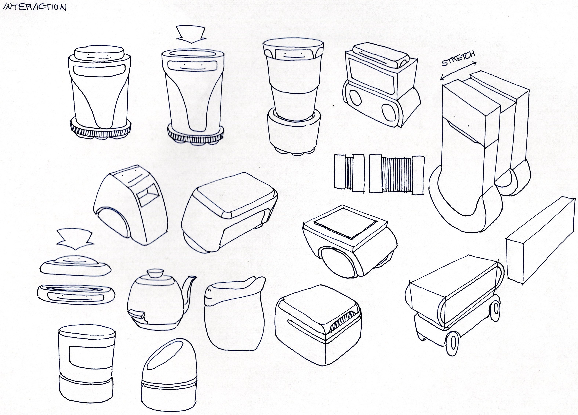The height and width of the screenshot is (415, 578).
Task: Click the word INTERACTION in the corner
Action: [x=35, y=7]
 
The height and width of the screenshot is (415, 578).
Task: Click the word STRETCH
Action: [x=458, y=59]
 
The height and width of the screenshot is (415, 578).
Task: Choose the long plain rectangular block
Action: [x=541, y=241]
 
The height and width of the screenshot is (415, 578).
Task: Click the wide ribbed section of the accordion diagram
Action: [x=397, y=175]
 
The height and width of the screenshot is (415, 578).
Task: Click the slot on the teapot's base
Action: [x=137, y=315]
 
